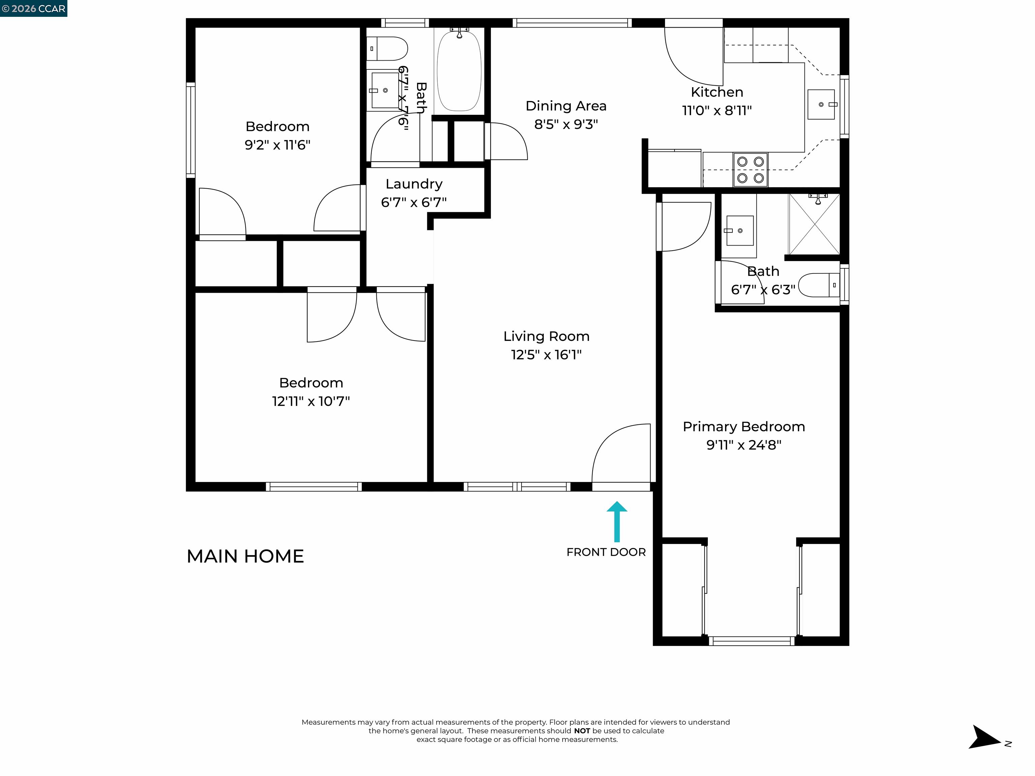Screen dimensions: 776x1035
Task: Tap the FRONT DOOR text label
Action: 606,552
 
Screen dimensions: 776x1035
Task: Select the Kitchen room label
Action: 717,92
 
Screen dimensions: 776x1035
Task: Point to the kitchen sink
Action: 821,104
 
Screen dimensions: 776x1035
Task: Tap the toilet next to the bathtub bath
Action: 387,48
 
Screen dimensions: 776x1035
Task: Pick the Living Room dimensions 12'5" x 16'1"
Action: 546,355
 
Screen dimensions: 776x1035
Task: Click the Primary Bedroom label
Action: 744,427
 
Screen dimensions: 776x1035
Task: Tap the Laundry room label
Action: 414,184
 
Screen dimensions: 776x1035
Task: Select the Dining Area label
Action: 566,106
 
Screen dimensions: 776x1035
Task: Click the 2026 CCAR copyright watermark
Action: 34,8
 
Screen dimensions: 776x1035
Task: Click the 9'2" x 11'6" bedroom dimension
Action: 278,145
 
